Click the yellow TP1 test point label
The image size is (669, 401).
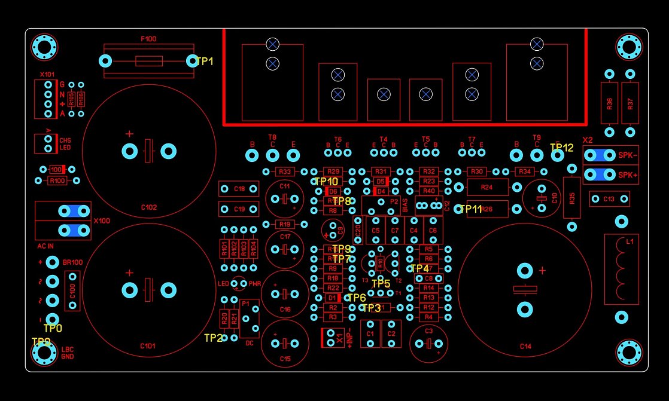point(204,62)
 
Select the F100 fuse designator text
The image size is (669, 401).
point(148,39)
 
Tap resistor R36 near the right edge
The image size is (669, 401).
point(609,103)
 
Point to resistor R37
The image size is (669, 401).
point(630,103)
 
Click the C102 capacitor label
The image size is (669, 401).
point(149,207)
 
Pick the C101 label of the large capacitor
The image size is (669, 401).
point(148,345)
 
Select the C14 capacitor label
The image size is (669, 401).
point(525,346)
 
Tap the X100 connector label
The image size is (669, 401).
point(102,221)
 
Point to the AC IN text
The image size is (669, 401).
point(45,246)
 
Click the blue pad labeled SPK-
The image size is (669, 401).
point(598,155)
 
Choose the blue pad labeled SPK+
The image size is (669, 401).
point(598,175)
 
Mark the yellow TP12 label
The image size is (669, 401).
point(561,147)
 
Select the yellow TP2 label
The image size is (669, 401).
point(213,338)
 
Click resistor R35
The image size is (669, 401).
point(572,198)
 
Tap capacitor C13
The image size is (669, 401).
point(609,199)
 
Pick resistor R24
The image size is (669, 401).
point(486,188)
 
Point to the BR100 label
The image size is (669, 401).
point(73,262)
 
